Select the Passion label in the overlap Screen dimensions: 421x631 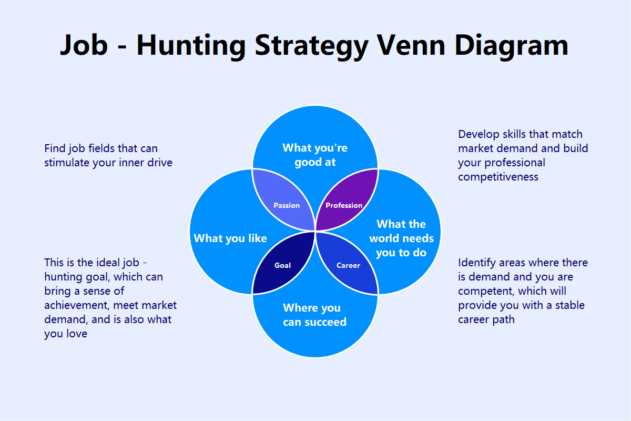(287, 205)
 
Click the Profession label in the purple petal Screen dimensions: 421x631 (344, 205)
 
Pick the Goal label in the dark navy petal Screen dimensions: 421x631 (282, 265)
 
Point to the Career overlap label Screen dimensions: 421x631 (348, 265)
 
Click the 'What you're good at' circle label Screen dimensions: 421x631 (315, 155)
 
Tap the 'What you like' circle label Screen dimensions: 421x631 (230, 238)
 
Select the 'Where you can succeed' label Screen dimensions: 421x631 (315, 315)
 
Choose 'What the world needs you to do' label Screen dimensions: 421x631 (401, 238)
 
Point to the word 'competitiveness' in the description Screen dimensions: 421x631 (498, 177)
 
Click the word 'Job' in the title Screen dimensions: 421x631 (84, 45)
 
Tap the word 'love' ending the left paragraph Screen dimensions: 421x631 (77, 334)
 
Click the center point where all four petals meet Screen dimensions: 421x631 (315, 232)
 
